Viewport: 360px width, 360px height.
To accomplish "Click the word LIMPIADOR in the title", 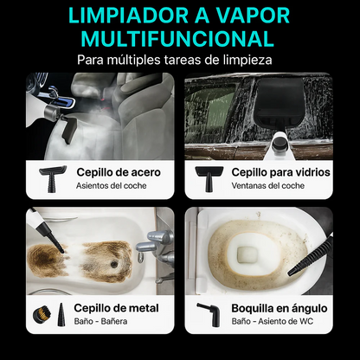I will click(x=118, y=16).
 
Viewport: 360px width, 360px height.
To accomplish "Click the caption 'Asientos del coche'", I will click(x=112, y=185).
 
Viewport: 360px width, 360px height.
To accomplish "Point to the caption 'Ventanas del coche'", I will click(x=268, y=185).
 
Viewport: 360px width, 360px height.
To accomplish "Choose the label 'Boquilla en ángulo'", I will click(x=280, y=307).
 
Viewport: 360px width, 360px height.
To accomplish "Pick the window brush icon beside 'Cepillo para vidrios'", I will click(x=209, y=177).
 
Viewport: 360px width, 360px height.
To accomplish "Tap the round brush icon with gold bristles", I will click(x=40, y=313).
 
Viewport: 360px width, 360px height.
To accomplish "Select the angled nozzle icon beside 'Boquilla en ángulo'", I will click(x=206, y=313).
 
